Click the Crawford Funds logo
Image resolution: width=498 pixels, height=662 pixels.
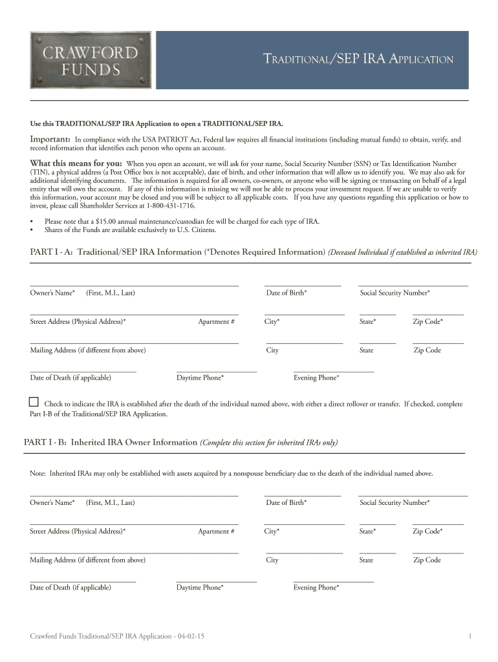90,60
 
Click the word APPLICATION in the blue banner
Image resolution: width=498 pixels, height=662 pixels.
420,60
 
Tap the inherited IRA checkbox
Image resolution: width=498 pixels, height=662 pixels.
34,402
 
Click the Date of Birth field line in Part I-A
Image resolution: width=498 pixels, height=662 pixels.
302,285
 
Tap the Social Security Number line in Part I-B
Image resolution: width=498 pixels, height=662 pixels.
413,495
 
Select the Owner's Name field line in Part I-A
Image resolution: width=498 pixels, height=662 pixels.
134,285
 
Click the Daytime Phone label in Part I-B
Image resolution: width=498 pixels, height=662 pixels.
200,588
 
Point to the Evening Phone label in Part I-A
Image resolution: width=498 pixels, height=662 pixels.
316,378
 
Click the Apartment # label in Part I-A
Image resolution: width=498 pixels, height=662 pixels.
216,321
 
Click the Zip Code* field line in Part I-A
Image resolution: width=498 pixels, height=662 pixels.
438,314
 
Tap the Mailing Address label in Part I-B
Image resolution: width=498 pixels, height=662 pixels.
87,560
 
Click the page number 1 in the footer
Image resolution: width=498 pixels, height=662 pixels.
470,637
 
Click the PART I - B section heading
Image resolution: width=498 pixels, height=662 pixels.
110,442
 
